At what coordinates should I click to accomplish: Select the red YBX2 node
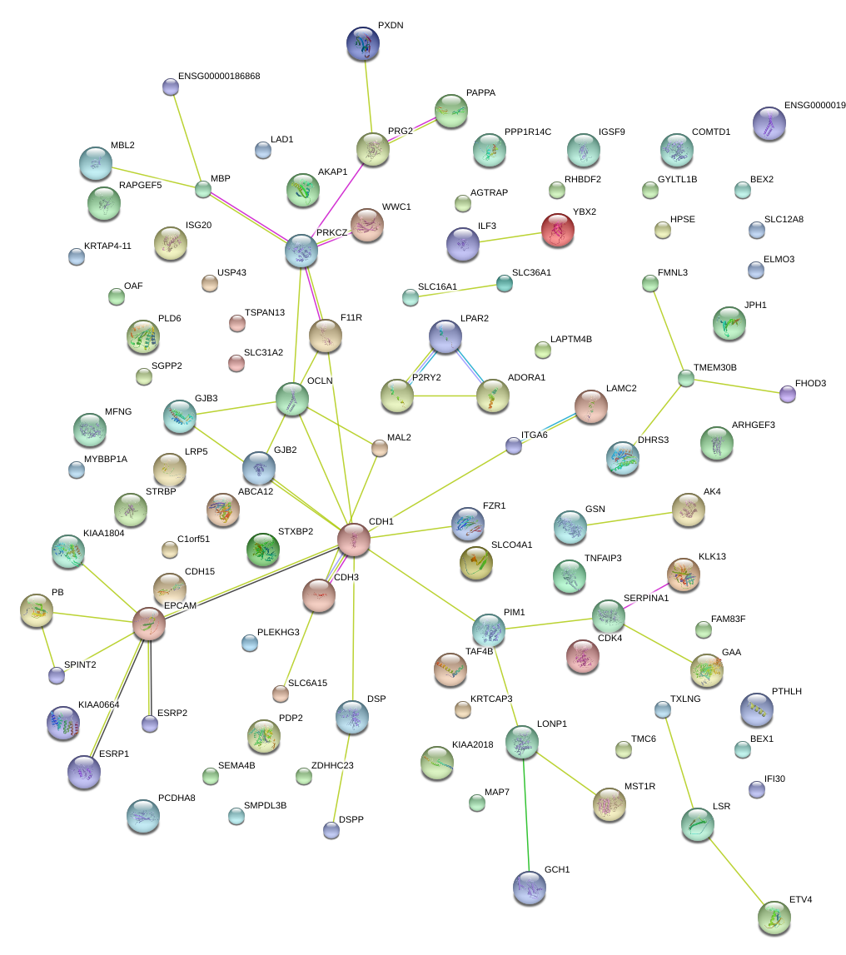click(557, 229)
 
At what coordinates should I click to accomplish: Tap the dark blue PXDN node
click(363, 43)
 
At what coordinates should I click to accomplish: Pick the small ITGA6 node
click(514, 445)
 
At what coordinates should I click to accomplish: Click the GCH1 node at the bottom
click(530, 887)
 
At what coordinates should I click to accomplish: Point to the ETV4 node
click(774, 917)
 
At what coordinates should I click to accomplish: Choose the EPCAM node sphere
click(149, 623)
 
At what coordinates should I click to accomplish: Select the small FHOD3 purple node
click(788, 393)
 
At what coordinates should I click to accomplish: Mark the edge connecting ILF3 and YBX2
click(510, 236)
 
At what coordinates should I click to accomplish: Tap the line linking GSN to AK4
click(629, 517)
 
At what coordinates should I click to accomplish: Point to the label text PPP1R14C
click(527, 132)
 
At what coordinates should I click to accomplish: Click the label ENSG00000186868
click(219, 76)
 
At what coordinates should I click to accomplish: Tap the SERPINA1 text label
click(646, 599)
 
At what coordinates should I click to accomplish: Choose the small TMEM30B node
click(685, 379)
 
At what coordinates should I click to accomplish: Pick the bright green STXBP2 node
click(263, 550)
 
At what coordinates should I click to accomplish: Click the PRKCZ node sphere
click(301, 250)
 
